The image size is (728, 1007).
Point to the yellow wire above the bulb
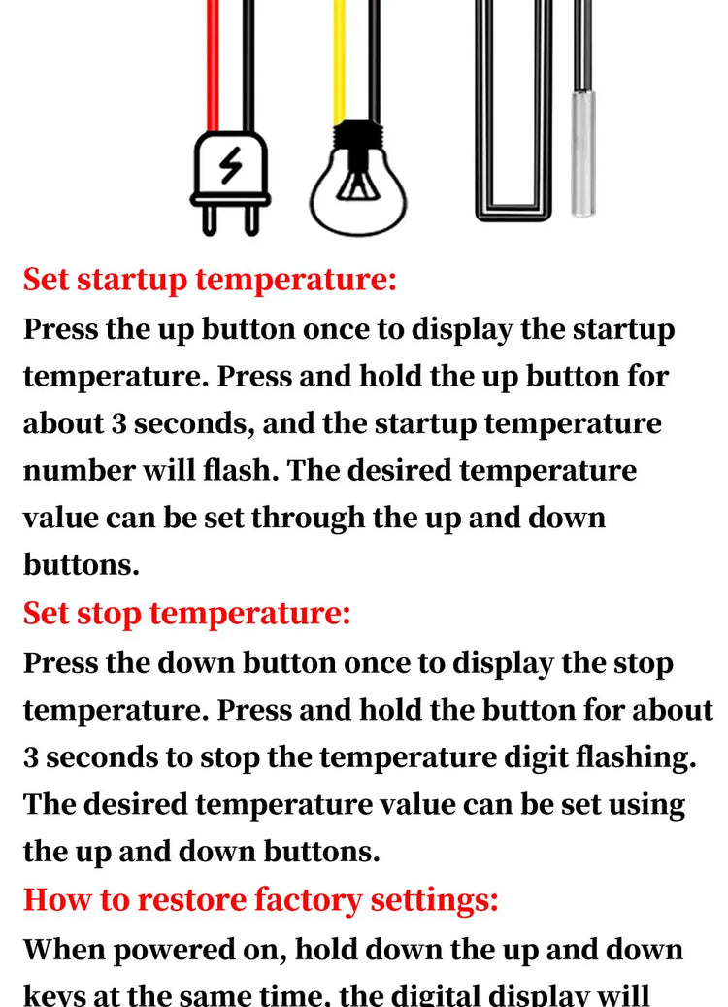[340, 58]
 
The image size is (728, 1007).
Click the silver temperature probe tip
[583, 179]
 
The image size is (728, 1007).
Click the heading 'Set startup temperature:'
[210, 281]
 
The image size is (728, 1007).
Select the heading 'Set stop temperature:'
[186, 614]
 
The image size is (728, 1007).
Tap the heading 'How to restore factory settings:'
[260, 899]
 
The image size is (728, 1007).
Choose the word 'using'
[645, 804]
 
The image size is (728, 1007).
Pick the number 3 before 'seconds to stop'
[31, 757]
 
